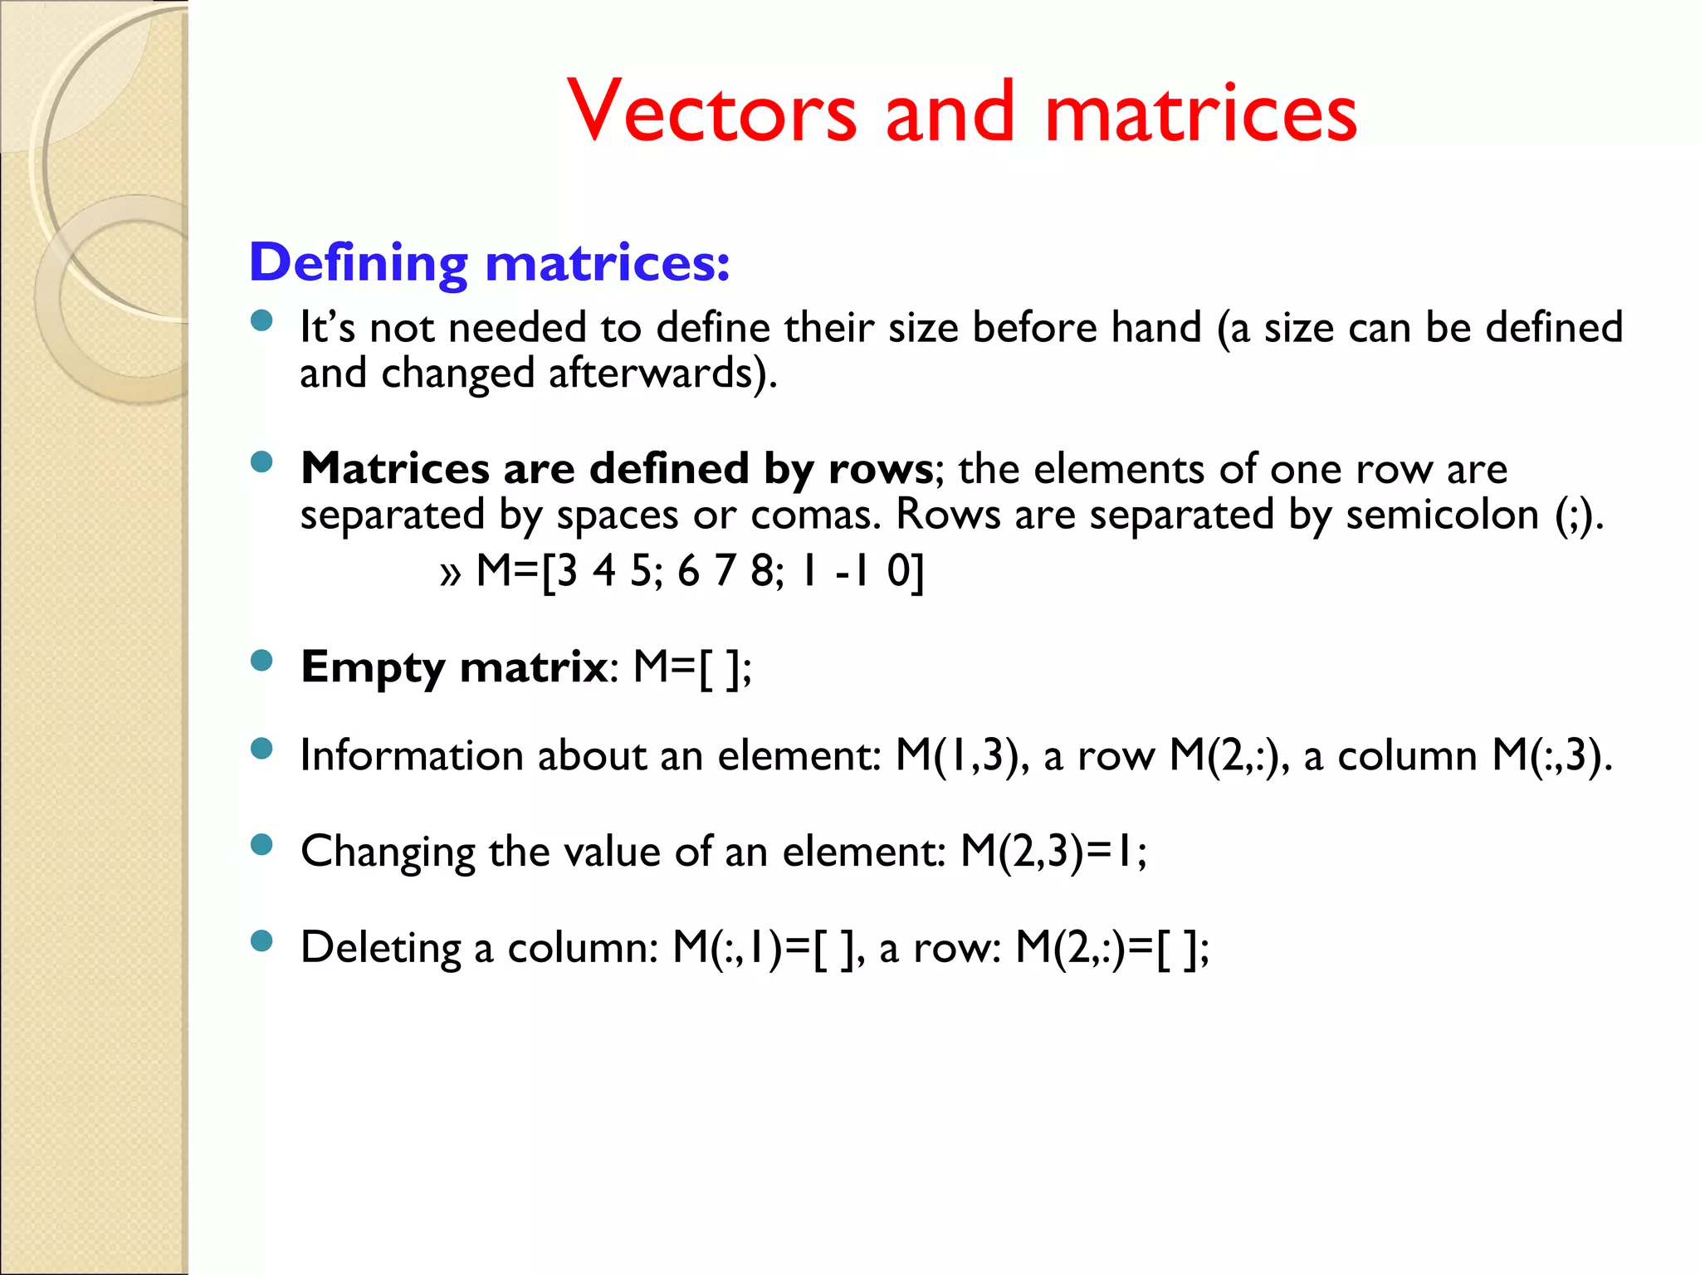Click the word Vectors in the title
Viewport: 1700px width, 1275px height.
[712, 112]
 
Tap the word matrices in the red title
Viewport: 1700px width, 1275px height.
[1200, 112]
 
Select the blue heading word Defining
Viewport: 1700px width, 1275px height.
[359, 263]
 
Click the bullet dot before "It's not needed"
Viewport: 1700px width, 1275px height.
[261, 321]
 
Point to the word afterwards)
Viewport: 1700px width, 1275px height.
[662, 374]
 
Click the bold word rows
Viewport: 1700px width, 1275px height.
[881, 469]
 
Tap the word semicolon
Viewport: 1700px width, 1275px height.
[1442, 515]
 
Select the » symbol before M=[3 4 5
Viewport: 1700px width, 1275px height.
[450, 574]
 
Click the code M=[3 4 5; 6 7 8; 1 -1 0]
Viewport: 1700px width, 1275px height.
[700, 571]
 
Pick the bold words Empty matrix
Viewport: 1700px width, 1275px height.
[454, 667]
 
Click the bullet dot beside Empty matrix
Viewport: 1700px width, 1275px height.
[261, 661]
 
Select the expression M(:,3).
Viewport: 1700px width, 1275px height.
[1551, 756]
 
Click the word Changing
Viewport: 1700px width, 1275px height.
[387, 852]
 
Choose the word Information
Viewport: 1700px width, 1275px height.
[411, 756]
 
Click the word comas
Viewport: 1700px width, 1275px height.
[814, 515]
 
